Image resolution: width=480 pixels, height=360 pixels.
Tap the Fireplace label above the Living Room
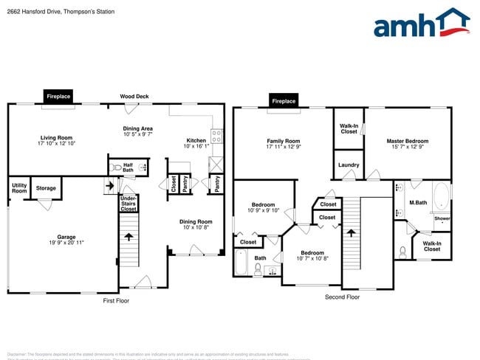[58, 97]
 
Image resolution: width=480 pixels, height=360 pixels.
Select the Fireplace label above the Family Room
[283, 101]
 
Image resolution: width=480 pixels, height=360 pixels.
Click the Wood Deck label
[134, 97]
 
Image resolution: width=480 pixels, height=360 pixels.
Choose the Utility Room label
[19, 188]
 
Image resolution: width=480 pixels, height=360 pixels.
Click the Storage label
[46, 188]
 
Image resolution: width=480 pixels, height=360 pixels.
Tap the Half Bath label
[128, 167]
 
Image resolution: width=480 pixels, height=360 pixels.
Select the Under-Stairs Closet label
[128, 204]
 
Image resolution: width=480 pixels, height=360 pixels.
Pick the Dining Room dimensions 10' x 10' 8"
[196, 227]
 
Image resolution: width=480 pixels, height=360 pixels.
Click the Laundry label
[349, 165]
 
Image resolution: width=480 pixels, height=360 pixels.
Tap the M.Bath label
[418, 202]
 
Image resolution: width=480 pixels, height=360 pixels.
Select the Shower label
[442, 218]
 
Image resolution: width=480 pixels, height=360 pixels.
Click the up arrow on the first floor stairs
[129, 238]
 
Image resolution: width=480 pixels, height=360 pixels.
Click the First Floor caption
[115, 300]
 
